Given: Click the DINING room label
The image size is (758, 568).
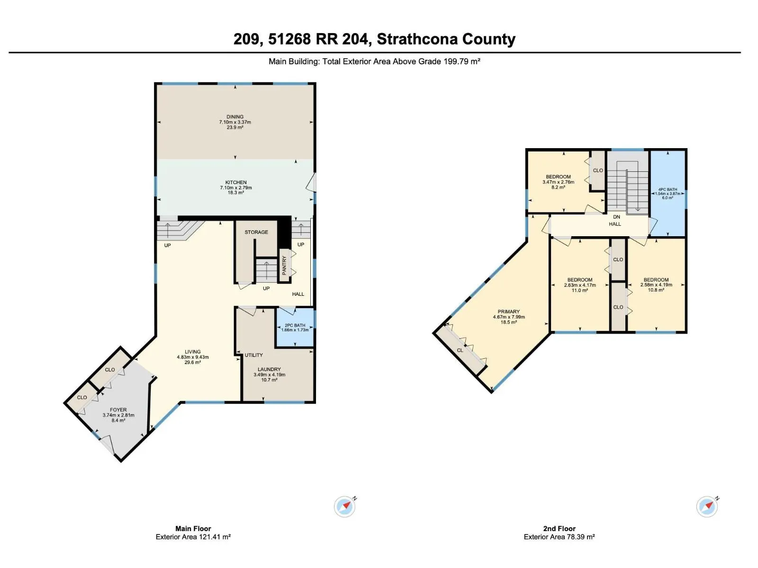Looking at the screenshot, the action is click(235, 117).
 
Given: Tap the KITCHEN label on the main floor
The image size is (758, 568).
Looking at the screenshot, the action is click(236, 182).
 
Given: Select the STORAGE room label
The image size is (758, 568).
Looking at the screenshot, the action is click(256, 232).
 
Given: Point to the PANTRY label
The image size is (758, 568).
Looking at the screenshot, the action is click(284, 265).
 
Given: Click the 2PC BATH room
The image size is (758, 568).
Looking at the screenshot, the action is click(295, 328).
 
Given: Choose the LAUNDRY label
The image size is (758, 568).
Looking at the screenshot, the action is click(269, 369).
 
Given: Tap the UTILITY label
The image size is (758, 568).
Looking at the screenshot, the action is click(254, 355).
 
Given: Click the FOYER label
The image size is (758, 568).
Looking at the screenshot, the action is click(118, 410).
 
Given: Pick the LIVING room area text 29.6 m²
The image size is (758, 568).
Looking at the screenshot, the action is click(193, 363).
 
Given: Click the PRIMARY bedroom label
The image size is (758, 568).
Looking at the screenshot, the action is click(509, 312).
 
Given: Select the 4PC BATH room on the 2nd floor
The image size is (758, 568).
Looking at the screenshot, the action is click(668, 194).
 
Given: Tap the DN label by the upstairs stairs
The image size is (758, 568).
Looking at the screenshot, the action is click(616, 217).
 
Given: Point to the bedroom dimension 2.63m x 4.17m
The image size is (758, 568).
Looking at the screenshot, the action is click(580, 285).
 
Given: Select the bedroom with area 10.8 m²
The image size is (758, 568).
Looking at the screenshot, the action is click(656, 285).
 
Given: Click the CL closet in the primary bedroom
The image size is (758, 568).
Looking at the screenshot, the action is click(460, 350).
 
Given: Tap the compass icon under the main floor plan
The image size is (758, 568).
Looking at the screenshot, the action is click(344, 506).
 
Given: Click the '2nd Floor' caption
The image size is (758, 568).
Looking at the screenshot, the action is click(559, 529).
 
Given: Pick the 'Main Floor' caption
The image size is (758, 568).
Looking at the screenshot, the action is click(193, 529).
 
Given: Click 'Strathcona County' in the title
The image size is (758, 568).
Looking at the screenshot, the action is click(446, 39).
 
